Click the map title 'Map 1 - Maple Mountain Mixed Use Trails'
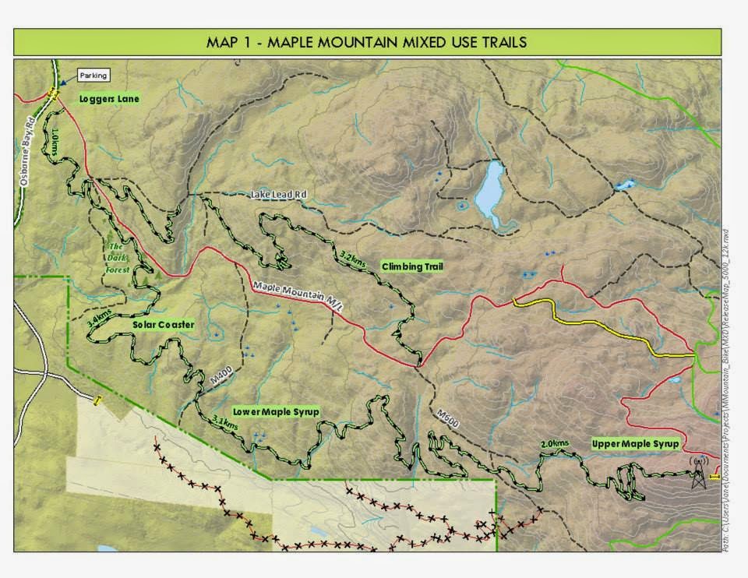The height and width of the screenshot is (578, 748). click(x=366, y=42)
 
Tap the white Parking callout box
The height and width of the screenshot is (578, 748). click(x=93, y=76)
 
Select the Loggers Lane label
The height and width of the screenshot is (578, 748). click(x=109, y=100)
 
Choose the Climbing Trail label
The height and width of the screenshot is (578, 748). click(x=412, y=266)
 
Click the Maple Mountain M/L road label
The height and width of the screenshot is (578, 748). click(x=298, y=296)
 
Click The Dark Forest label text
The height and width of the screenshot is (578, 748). click(x=118, y=256)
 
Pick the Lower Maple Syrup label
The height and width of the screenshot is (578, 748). click(x=276, y=411)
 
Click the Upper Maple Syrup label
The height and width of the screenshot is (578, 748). click(x=635, y=443)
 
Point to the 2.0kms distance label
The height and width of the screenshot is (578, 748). click(x=554, y=444)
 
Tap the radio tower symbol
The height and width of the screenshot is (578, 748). click(x=698, y=473)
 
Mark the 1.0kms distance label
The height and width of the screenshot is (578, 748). click(x=54, y=145)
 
